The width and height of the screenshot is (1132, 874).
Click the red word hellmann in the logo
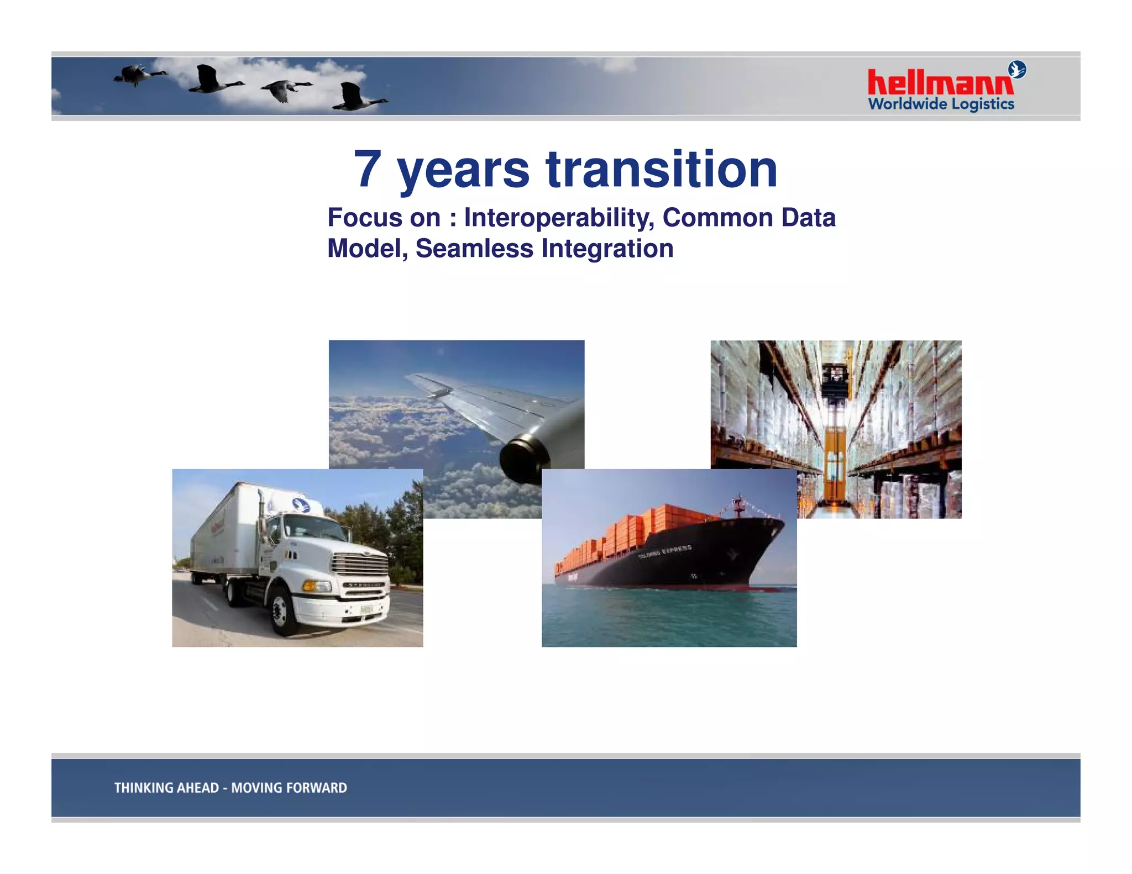click(x=940, y=83)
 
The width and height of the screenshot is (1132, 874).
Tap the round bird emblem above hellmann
click(x=1017, y=70)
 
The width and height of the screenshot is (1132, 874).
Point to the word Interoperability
click(x=559, y=218)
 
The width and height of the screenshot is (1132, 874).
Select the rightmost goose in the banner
click(x=357, y=98)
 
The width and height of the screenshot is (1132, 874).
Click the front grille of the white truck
click(x=359, y=566)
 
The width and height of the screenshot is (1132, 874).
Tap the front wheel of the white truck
click(x=282, y=611)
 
